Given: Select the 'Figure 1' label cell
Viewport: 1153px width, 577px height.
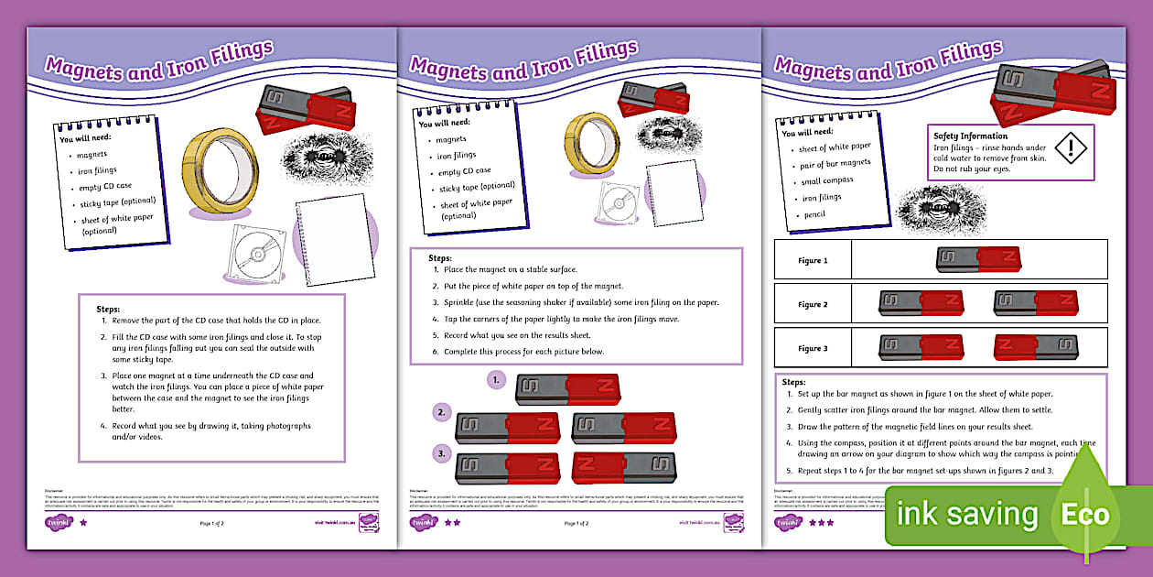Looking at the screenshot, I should (812, 261).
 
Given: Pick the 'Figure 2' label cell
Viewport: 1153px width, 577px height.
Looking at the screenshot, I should (812, 304).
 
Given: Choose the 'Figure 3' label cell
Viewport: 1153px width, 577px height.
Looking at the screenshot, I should (812, 348).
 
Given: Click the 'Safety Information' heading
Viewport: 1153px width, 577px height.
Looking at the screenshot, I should (970, 136).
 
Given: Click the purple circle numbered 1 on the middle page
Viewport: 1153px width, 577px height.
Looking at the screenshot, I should (495, 378).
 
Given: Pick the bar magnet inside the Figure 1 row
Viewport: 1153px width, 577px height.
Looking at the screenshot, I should (978, 260).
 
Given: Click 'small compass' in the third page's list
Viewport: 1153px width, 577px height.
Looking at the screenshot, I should (825, 181).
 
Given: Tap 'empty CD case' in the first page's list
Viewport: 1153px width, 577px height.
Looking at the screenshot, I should (104, 186).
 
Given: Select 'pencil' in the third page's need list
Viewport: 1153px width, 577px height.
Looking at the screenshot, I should (814, 214).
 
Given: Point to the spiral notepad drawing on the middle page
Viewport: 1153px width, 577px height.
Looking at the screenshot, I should (665, 189).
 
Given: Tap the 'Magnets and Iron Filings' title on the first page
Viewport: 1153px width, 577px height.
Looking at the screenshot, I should (160, 59).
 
